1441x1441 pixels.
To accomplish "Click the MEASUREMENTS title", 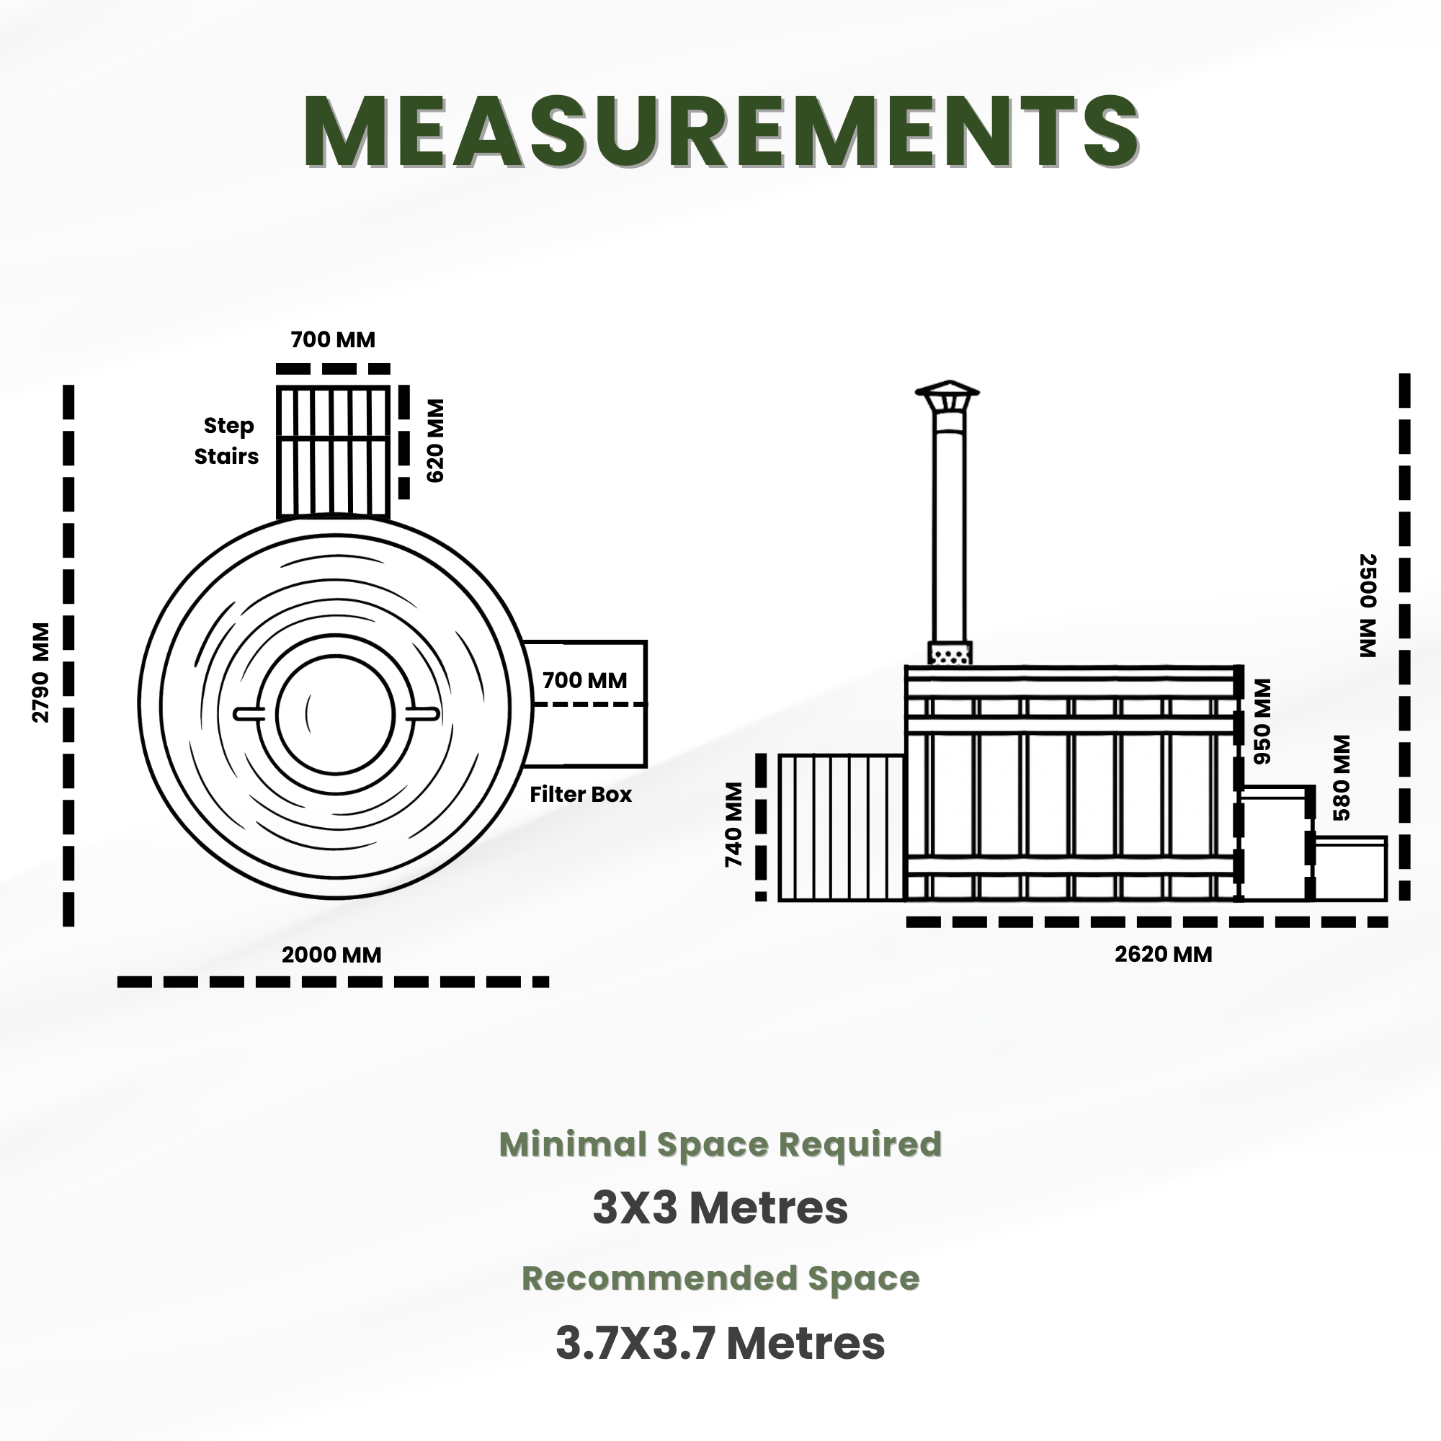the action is (x=720, y=131).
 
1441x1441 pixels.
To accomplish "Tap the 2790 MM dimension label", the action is (x=41, y=673).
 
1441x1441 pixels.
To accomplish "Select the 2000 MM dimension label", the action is (x=331, y=955).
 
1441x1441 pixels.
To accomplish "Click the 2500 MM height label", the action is (x=1368, y=606).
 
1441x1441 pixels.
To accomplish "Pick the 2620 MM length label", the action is (x=1164, y=954).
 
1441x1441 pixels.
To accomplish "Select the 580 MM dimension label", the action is (x=1342, y=778).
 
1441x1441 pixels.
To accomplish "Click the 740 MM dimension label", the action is (x=734, y=825).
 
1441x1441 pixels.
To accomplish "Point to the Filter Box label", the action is (x=580, y=794).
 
